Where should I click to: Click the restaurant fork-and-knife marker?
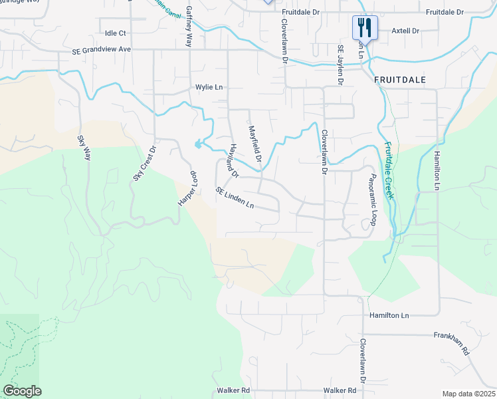[x=364, y=28]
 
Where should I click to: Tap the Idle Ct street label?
[x=116, y=33]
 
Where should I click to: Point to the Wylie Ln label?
[x=208, y=87]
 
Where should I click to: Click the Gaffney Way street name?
[x=189, y=25]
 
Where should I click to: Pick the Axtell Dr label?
[x=405, y=31]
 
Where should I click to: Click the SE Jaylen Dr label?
[x=341, y=65]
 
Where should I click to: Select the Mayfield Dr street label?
[x=255, y=142]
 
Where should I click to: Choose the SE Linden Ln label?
[x=235, y=198]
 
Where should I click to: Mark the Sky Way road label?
[x=83, y=148]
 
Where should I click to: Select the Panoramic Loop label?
[x=373, y=199]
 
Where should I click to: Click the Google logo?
[x=22, y=391]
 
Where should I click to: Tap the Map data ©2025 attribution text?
[x=468, y=394]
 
